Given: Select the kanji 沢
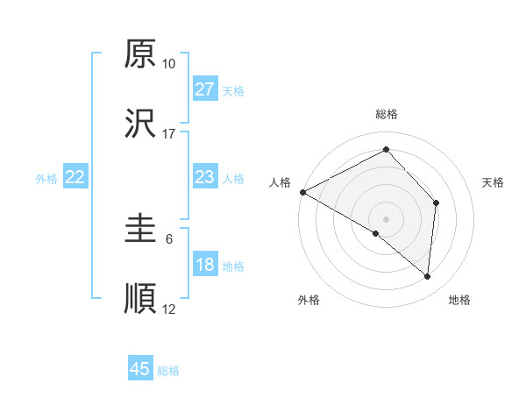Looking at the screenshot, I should [141, 124].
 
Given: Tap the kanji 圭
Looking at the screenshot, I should [141, 230].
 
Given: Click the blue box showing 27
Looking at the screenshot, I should [204, 89].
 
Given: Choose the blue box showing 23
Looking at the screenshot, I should [204, 177].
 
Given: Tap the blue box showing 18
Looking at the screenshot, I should [204, 266].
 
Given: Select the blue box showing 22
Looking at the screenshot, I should [75, 177].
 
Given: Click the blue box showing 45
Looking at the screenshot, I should [140, 369].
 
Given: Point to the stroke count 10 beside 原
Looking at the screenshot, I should [169, 64].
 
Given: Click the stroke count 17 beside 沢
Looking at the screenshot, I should [169, 134].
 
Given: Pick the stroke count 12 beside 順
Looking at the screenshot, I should [169, 309].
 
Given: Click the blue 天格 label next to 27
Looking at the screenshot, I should [233, 90].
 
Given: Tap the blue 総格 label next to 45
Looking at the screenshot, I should [168, 370].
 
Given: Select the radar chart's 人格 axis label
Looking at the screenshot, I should [281, 182].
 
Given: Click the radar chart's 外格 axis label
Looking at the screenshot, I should [309, 300].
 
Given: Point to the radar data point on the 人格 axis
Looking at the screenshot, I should [302, 192].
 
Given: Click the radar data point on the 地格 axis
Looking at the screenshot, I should [427, 276].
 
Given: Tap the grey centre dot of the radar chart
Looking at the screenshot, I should [386, 217].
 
